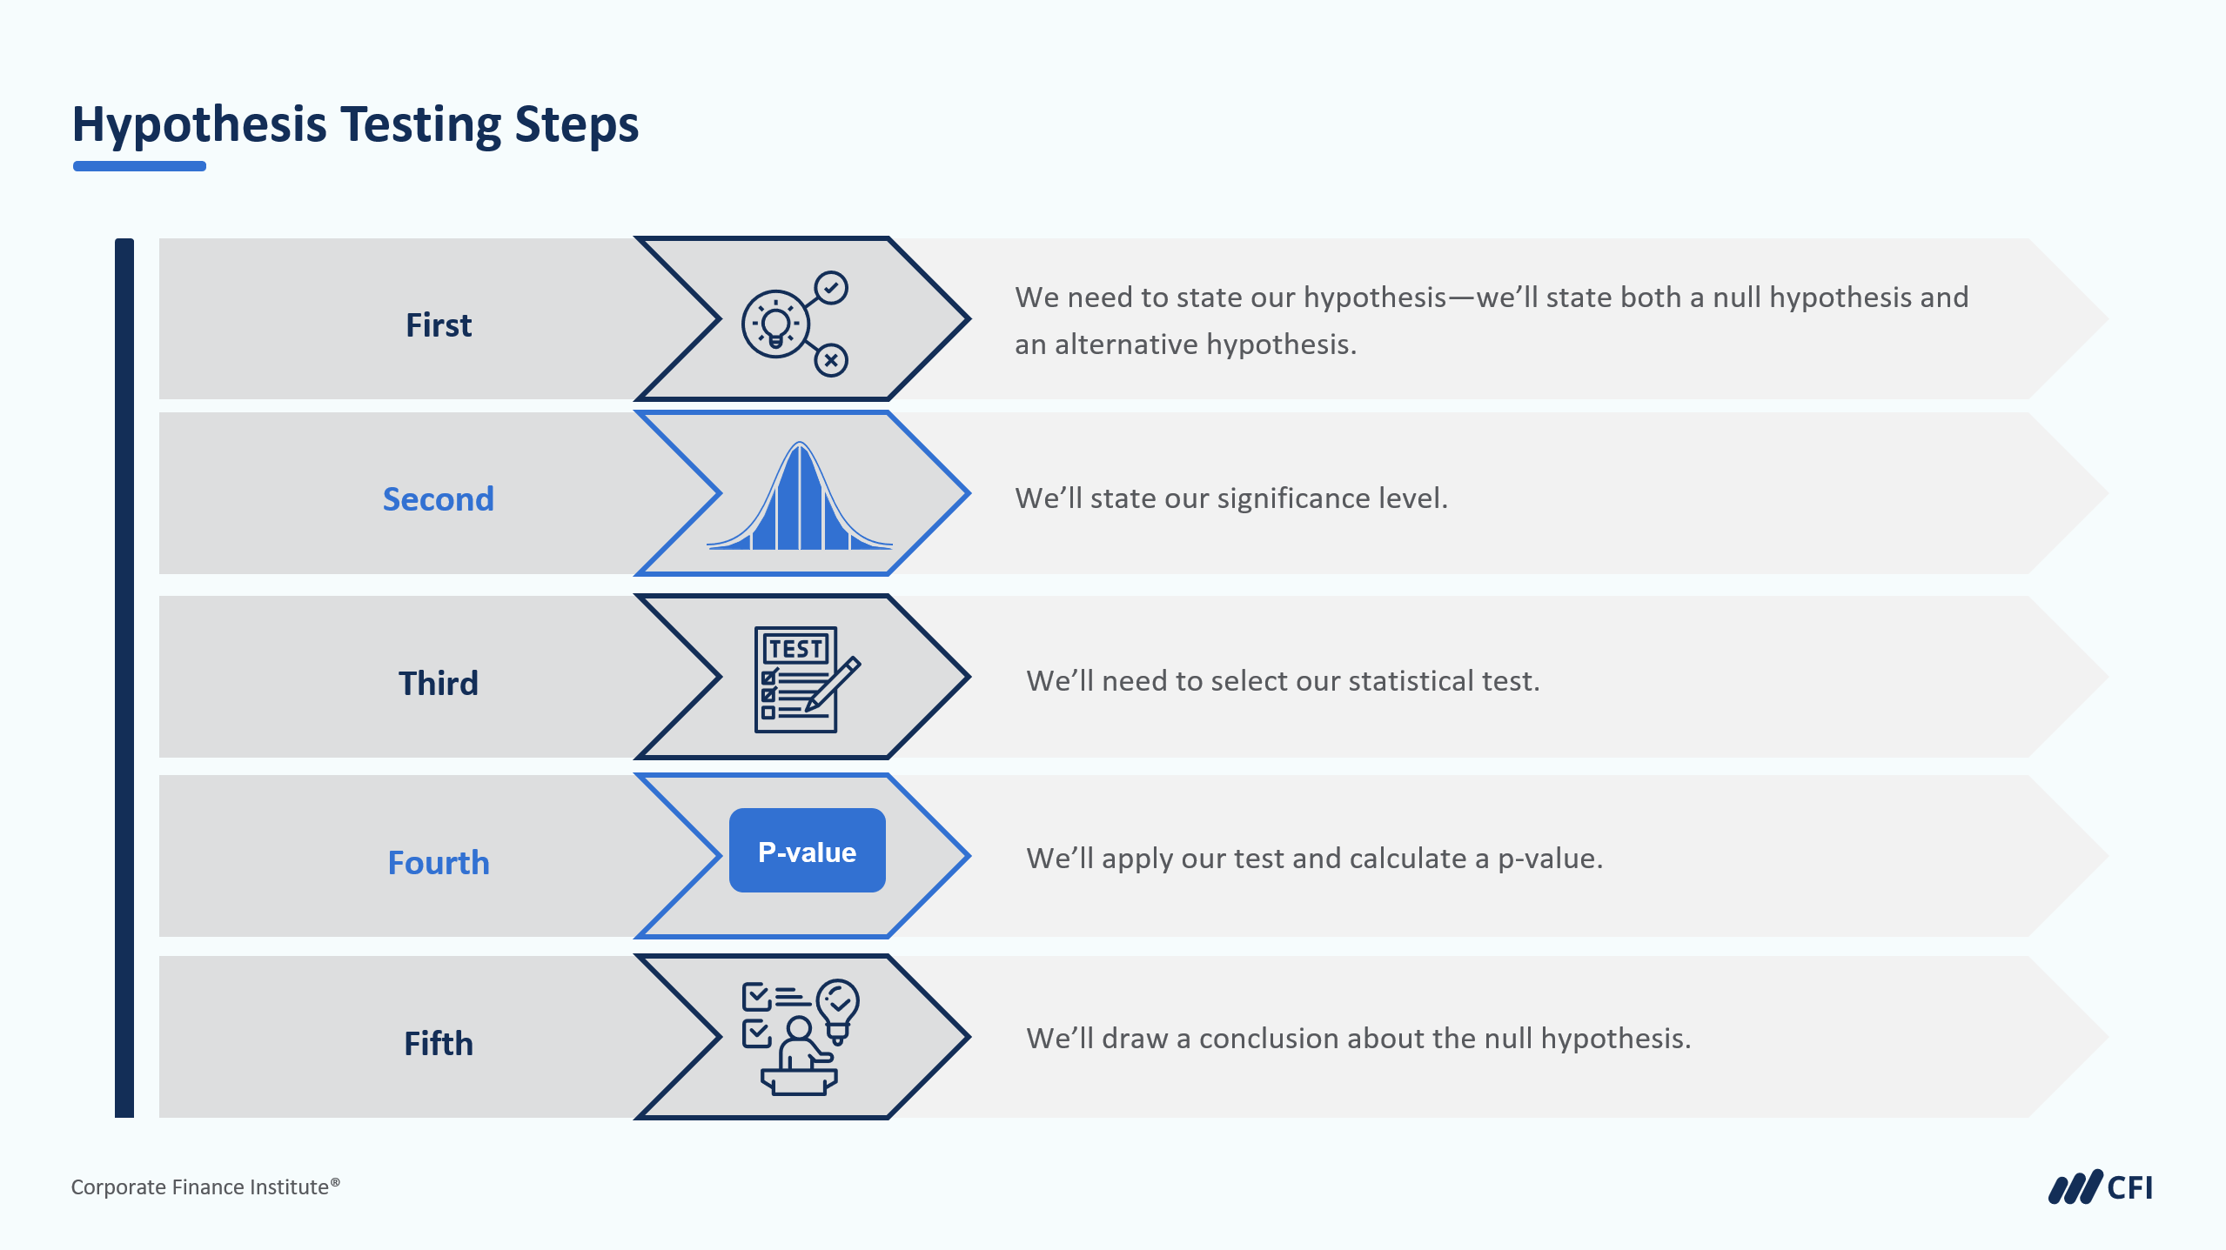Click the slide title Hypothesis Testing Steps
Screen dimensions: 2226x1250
pos(355,124)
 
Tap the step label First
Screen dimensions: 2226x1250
pos(439,325)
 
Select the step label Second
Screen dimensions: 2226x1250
pos(439,499)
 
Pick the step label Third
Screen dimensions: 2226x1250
pos(439,684)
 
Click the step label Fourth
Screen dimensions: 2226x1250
pos(439,863)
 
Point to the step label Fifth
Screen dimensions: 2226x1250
pos(439,1044)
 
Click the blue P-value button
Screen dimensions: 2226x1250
pos(808,851)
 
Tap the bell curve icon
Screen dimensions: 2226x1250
pos(800,496)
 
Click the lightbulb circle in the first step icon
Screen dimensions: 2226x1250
pos(775,324)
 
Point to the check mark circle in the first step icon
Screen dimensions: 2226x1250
pos(831,287)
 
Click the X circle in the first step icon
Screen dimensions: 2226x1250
pos(831,360)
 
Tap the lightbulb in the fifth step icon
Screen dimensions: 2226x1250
pos(838,1010)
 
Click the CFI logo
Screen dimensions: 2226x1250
pos(2100,1187)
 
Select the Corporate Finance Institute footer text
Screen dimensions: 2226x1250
pos(205,1187)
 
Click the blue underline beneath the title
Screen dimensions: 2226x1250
pos(139,166)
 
